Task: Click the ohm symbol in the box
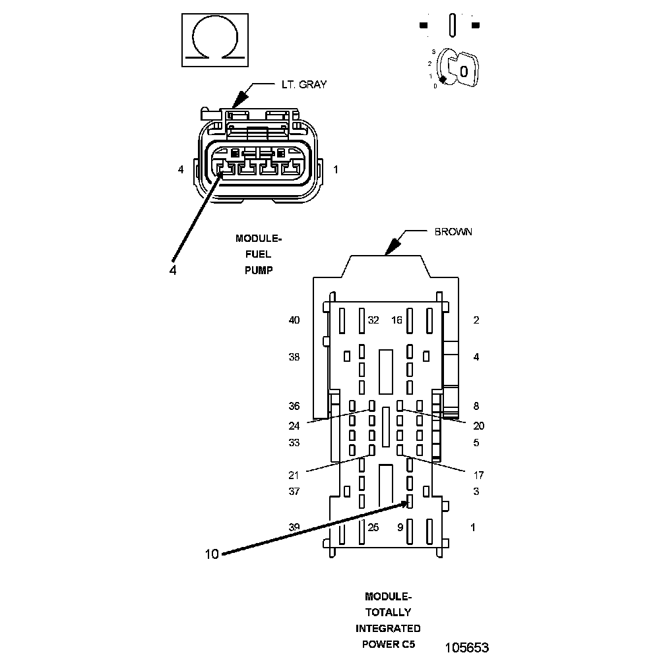212,40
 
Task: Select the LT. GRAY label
300,84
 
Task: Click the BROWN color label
453,232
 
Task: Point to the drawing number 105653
466,647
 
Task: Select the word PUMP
259,270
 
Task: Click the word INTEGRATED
388,628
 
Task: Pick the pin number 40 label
294,320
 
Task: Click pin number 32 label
373,320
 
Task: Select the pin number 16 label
396,320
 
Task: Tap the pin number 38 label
294,357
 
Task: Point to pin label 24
294,425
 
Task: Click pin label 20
479,425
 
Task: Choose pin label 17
479,474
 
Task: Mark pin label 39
294,527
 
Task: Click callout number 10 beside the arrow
211,554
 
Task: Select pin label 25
373,527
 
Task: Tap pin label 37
294,492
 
